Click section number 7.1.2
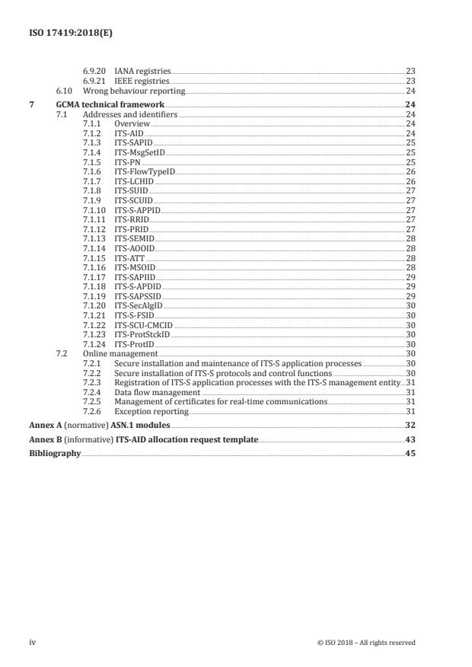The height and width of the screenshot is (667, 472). point(92,132)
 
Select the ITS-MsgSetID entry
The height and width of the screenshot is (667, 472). point(139,152)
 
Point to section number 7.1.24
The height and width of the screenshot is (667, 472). point(94,344)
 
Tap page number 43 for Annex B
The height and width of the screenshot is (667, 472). point(410,440)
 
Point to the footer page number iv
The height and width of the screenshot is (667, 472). point(32,642)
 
